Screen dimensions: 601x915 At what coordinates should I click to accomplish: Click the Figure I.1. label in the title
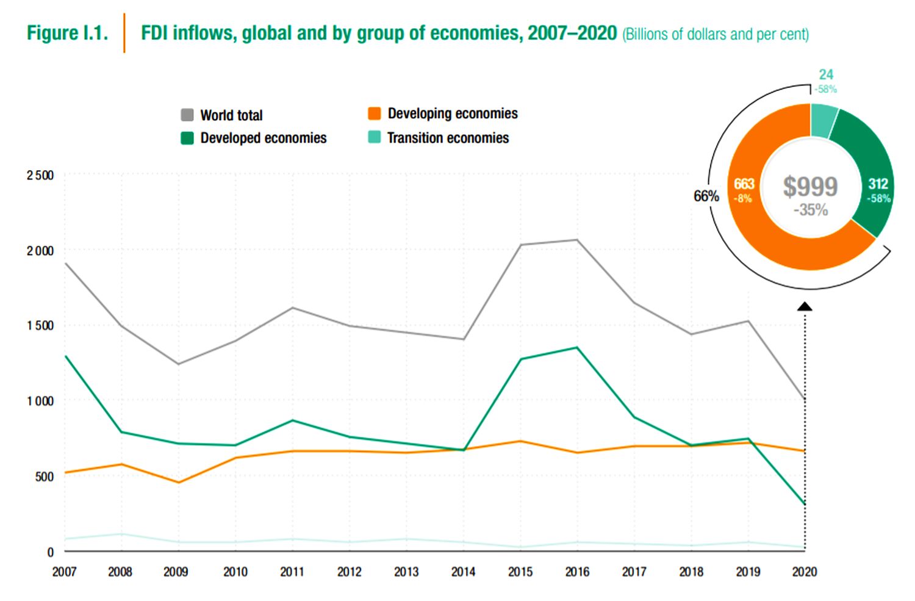(67, 33)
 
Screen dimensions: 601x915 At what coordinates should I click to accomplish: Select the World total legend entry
(222, 115)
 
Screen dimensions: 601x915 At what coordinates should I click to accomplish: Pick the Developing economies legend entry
(443, 113)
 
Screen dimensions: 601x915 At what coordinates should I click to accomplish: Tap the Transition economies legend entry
(439, 138)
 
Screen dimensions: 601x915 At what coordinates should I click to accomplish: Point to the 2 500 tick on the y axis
(40, 176)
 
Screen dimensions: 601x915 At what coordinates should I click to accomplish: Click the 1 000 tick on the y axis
(40, 401)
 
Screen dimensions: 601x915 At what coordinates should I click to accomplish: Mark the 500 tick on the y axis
(44, 477)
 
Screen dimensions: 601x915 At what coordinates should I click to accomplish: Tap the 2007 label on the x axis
(64, 572)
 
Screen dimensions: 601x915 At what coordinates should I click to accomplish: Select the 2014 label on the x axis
(463, 572)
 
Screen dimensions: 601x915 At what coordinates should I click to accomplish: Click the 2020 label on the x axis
(805, 572)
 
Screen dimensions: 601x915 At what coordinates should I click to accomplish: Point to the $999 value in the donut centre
(810, 187)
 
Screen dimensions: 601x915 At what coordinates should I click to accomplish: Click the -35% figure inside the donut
(810, 210)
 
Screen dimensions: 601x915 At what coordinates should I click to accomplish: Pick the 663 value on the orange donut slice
(744, 184)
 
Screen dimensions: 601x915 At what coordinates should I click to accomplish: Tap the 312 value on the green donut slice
(878, 184)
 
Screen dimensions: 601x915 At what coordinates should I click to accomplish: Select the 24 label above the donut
(826, 74)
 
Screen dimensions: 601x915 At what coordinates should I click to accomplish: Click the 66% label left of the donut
(706, 196)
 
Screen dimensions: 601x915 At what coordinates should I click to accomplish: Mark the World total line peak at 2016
(577, 240)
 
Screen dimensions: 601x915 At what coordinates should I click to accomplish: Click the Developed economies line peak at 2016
(577, 348)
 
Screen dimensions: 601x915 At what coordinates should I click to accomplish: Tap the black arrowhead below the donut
(805, 306)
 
